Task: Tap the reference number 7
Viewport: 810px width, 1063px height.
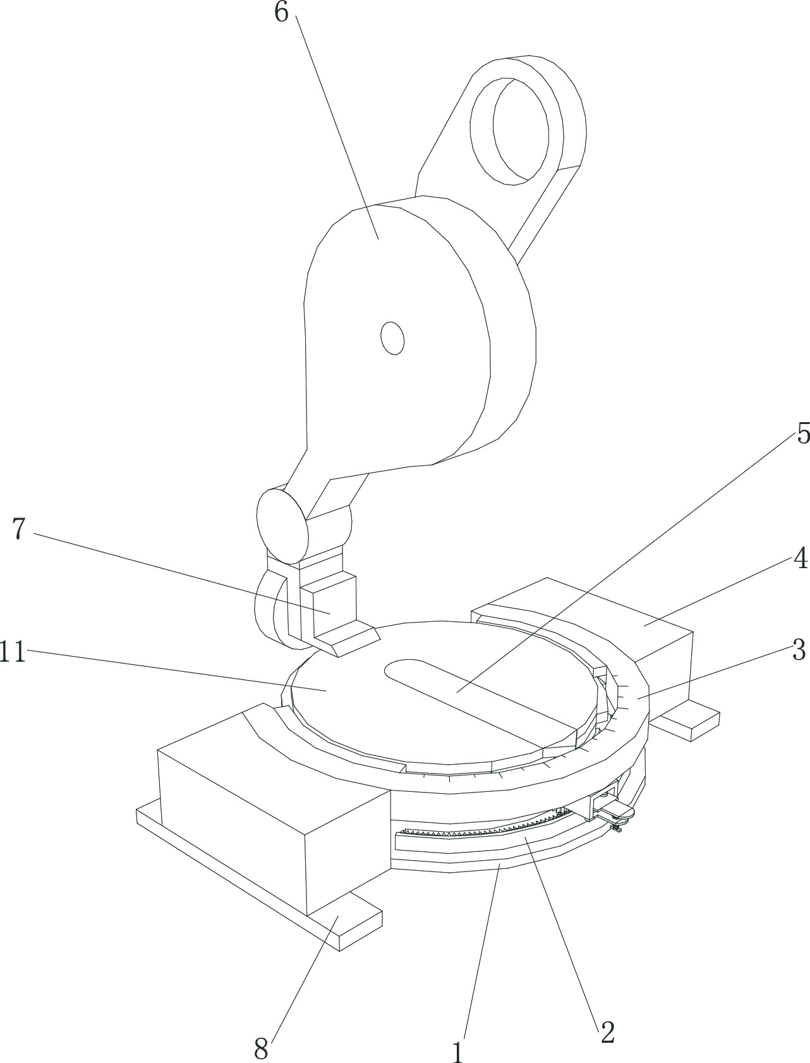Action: (x=18, y=530)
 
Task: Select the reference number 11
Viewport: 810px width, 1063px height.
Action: (x=12, y=652)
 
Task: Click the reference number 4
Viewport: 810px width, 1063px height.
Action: (x=800, y=559)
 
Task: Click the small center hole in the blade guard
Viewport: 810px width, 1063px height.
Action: (x=392, y=337)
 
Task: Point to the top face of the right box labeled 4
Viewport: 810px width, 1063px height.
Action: (x=588, y=607)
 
